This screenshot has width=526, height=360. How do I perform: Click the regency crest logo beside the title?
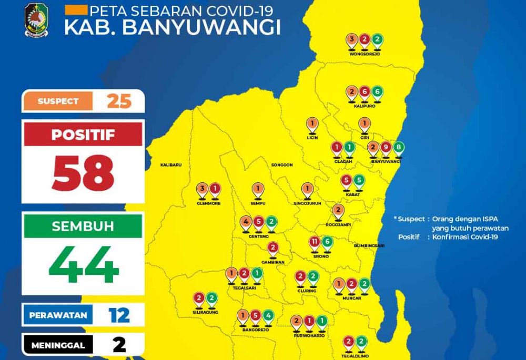pos(36,20)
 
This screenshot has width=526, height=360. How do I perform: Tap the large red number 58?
pos(83,173)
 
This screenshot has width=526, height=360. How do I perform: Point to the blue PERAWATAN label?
pos(58,315)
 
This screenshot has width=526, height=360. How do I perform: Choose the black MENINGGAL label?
pos(58,345)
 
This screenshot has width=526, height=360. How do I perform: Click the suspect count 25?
pos(119,101)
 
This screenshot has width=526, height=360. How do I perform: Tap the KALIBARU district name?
pos(171,165)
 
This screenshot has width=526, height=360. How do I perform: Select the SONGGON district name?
pos(281,165)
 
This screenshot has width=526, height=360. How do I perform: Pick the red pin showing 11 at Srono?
pos(315,243)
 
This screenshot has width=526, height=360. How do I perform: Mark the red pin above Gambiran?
pos(273,248)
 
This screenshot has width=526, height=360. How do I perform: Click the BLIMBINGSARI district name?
pos(369,245)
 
